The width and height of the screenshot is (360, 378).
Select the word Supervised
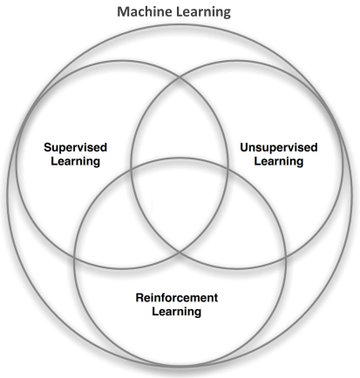[76, 148]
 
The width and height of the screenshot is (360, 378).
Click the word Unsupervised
[279, 148]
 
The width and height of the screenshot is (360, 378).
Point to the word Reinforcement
[177, 298]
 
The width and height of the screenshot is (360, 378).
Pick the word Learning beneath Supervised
[76, 162]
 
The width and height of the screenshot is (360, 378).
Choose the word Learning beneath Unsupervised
[279, 162]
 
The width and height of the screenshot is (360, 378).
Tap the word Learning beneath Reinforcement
[177, 312]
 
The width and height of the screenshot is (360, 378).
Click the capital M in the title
[123, 12]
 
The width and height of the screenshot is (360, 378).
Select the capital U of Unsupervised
[244, 147]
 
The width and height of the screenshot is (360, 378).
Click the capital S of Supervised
[48, 147]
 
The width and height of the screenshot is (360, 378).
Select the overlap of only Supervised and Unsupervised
[180, 122]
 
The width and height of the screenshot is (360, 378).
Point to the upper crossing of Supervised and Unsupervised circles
[180, 78]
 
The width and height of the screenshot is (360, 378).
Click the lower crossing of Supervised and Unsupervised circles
[180, 252]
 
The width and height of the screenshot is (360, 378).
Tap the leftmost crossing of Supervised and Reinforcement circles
[75, 258]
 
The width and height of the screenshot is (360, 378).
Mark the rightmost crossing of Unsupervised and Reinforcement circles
[286, 257]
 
